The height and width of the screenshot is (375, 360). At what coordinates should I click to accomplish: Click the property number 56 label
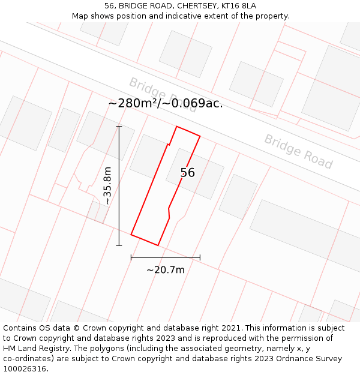click(x=188, y=173)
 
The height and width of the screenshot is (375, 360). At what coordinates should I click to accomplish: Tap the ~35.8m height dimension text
click(x=107, y=185)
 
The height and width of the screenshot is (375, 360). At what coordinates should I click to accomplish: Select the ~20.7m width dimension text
click(x=166, y=270)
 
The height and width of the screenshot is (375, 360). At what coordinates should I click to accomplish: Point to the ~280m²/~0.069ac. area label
click(x=166, y=103)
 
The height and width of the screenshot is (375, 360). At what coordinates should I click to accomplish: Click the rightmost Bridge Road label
click(x=298, y=151)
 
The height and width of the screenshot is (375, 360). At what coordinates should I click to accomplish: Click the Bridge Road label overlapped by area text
click(x=162, y=95)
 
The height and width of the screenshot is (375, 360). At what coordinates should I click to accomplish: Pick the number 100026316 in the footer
click(x=25, y=369)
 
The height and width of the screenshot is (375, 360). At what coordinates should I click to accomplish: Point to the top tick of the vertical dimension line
click(x=119, y=127)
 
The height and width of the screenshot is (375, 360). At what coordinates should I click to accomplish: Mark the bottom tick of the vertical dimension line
click(x=119, y=245)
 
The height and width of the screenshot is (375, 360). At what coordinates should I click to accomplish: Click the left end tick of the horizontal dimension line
click(x=131, y=257)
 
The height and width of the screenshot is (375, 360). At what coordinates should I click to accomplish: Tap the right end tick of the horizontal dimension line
click(x=200, y=257)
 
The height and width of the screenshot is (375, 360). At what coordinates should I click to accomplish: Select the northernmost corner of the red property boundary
click(x=176, y=127)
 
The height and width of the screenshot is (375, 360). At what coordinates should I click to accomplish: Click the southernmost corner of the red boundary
click(x=158, y=245)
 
